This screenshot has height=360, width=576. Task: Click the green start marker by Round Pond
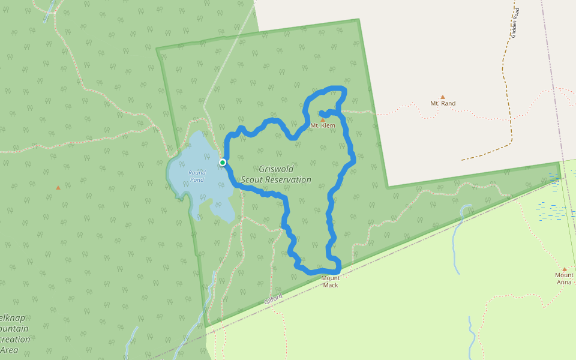click(x=223, y=163)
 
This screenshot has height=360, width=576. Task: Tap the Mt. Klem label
click(x=323, y=125)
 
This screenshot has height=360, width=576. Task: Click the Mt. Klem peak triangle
click(x=323, y=119)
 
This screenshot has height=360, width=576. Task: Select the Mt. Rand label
click(x=443, y=103)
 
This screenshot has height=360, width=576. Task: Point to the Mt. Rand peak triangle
click(x=443, y=97)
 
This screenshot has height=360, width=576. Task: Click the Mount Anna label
click(x=564, y=278)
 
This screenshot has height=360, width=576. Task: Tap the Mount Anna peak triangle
click(x=564, y=269)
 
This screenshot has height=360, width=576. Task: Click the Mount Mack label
click(x=331, y=281)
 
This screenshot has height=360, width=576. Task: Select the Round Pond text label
click(x=197, y=176)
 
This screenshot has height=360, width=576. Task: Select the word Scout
click(x=253, y=179)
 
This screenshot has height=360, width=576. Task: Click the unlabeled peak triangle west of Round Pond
click(x=58, y=188)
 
